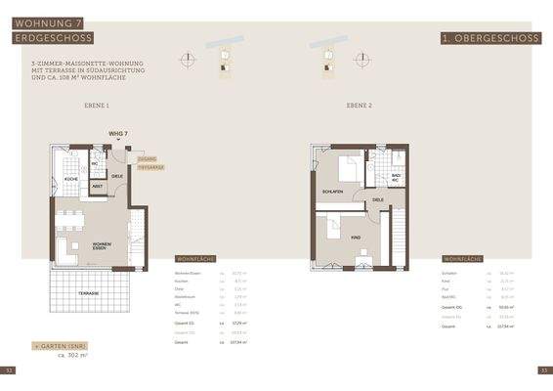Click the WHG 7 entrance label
(x=118, y=132)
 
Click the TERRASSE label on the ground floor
(x=89, y=292)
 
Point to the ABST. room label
(x=98, y=186)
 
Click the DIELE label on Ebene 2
(x=378, y=199)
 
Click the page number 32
(x=9, y=370)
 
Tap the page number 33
(x=543, y=370)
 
